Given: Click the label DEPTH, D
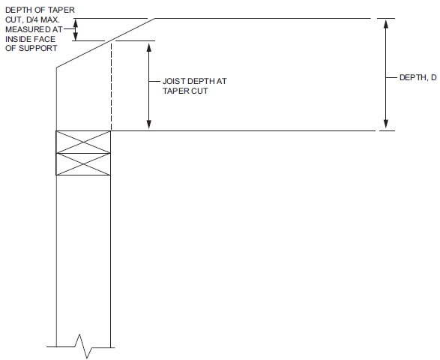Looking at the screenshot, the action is click(x=418, y=77).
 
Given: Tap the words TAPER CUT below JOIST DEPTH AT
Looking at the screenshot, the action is click(x=185, y=91).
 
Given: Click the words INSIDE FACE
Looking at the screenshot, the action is click(x=30, y=39).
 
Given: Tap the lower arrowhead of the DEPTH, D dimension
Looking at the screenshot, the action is click(x=386, y=124).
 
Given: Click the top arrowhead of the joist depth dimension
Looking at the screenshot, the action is click(x=149, y=47).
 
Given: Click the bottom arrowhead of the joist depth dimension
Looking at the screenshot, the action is click(x=149, y=124).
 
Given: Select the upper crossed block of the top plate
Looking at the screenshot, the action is click(x=83, y=142).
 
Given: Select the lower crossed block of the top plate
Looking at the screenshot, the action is click(x=83, y=164).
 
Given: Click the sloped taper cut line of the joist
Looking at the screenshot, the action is click(x=106, y=43).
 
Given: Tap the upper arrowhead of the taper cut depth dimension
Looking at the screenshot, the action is click(x=75, y=22).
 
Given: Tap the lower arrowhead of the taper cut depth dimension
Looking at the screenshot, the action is click(x=75, y=37).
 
